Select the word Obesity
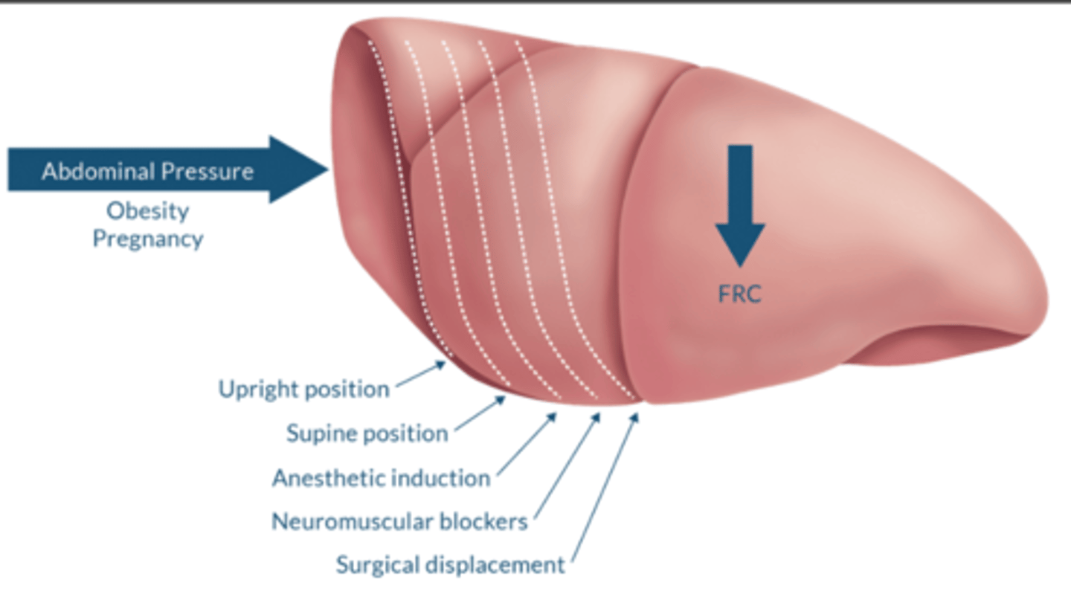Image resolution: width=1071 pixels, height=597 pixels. tap(147, 211)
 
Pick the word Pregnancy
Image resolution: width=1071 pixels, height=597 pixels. tap(147, 239)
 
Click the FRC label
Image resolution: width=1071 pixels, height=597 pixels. tap(739, 294)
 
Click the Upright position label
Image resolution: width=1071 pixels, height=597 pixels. tap(303, 389)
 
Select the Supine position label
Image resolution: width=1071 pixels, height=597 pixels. tap(367, 433)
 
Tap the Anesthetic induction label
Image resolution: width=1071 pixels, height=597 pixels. tap(381, 478)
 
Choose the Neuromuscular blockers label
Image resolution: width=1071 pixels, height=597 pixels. tap(399, 522)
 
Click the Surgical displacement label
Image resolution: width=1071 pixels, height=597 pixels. tap(450, 565)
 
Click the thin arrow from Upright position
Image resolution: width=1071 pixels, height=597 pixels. tap(421, 374)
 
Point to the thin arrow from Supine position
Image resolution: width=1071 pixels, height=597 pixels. tap(480, 413)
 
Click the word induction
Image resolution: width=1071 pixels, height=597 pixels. tap(443, 478)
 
